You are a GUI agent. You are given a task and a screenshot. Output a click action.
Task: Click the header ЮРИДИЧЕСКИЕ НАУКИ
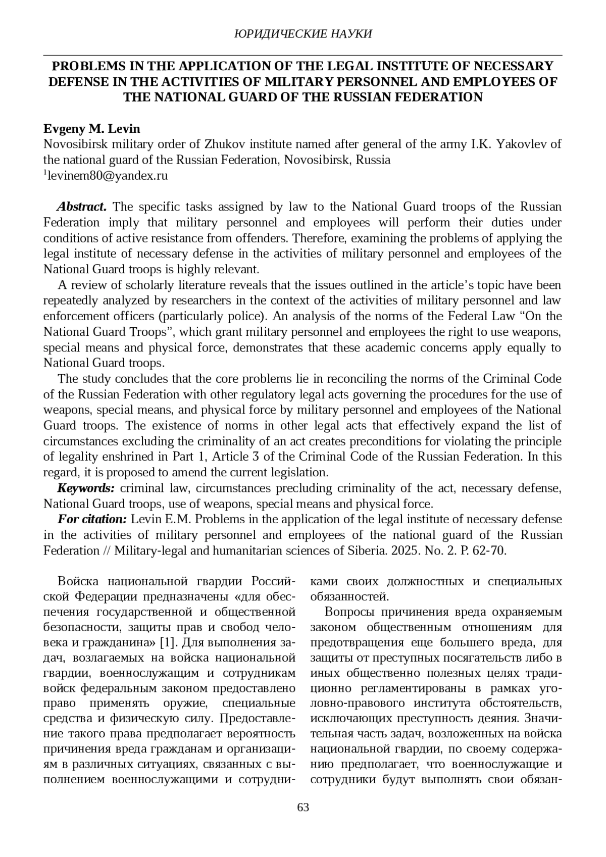303,34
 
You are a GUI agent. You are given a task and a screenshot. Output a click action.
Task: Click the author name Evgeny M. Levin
91,128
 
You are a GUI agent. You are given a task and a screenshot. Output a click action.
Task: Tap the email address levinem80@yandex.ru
107,176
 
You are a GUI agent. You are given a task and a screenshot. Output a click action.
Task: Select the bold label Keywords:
86,488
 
